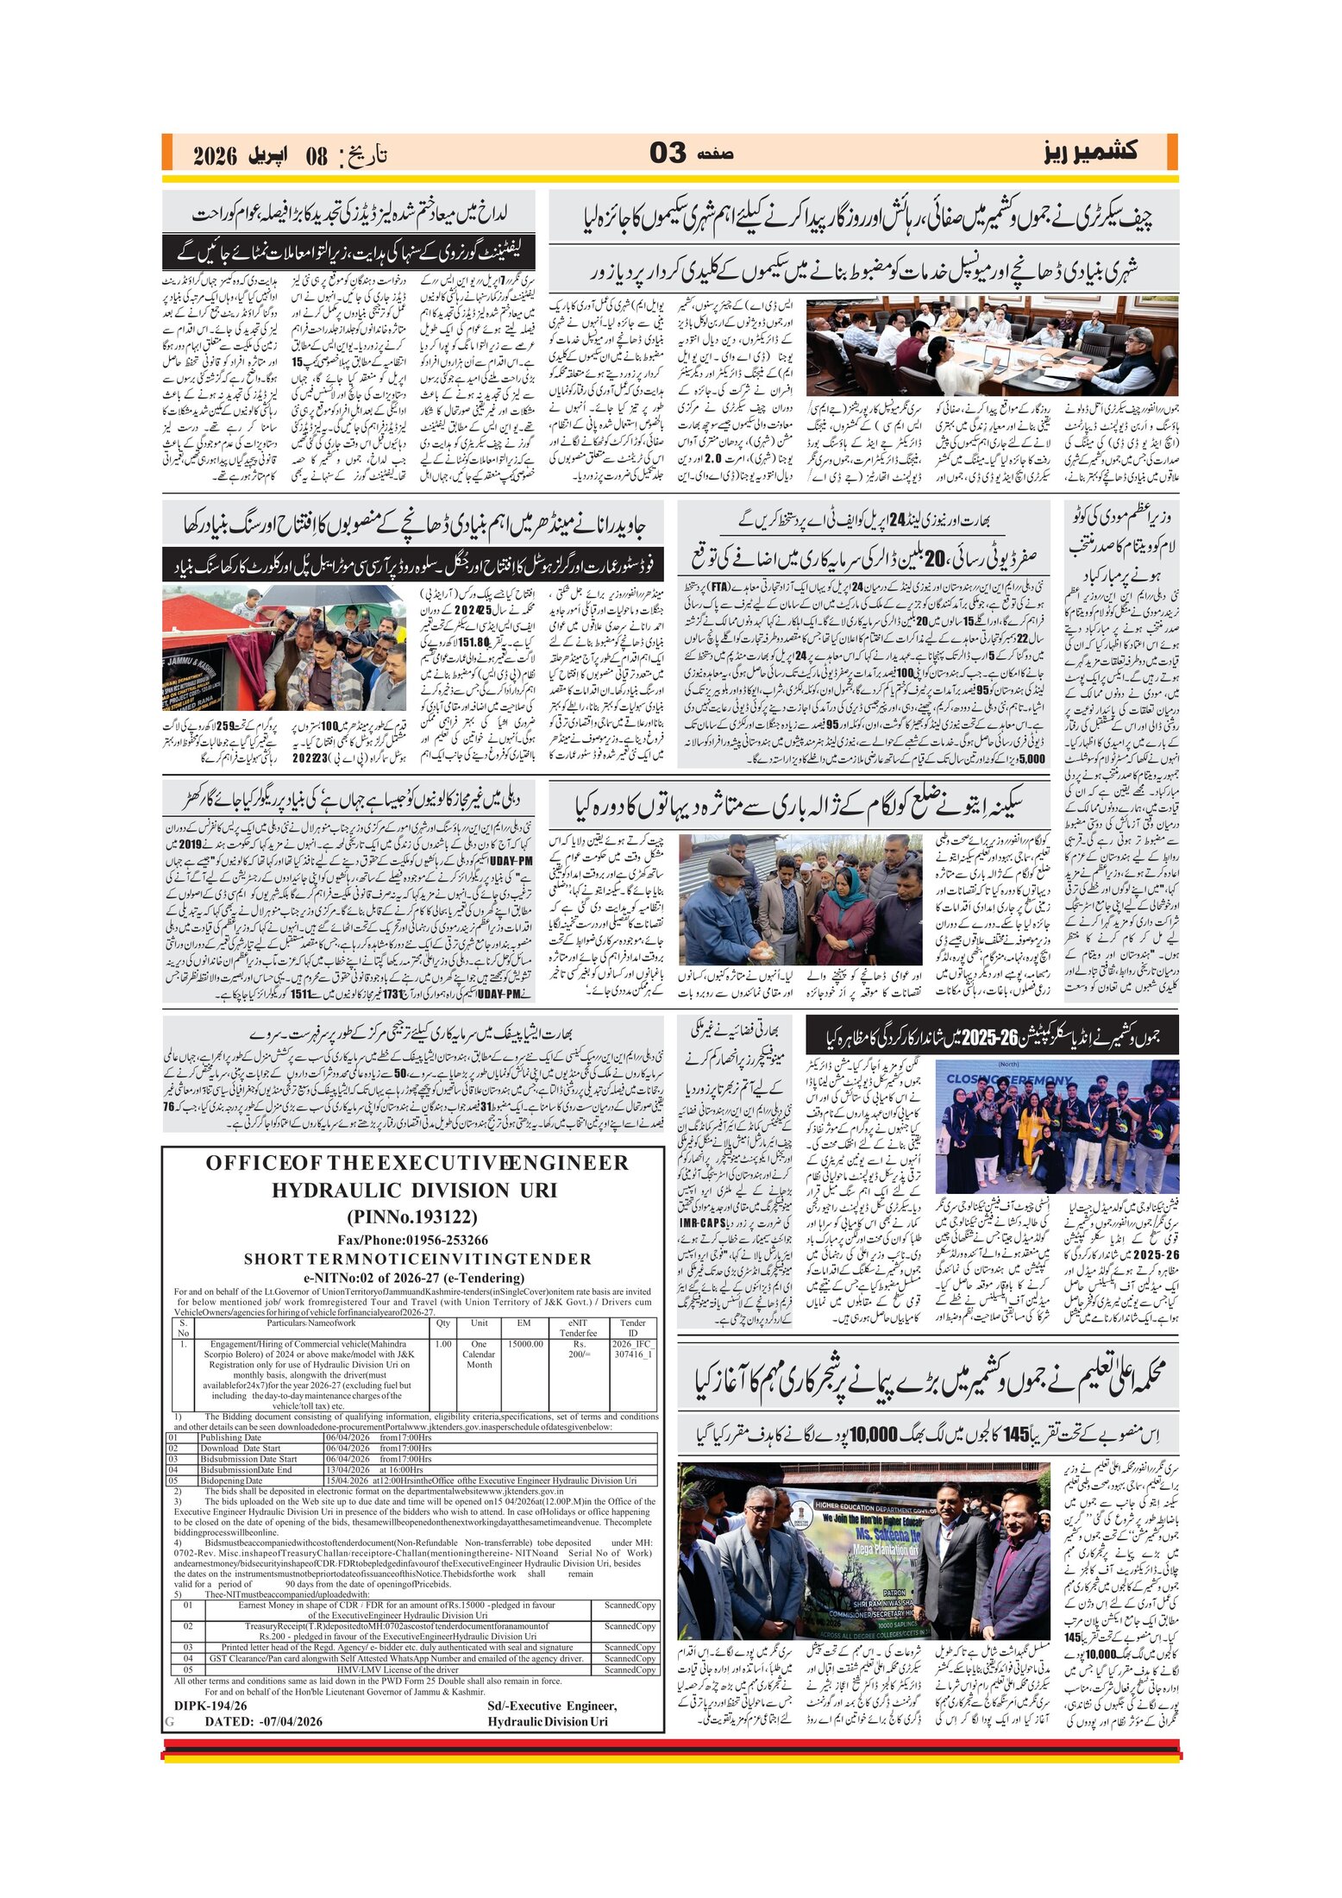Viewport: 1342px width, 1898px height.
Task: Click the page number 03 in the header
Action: [x=668, y=154]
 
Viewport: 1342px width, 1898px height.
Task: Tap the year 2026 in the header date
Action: [x=215, y=156]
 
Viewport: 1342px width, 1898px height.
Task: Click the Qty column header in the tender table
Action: [x=442, y=1323]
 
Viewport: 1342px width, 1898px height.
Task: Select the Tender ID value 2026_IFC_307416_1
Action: [x=633, y=1349]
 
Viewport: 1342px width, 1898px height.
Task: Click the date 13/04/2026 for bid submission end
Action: [x=347, y=1469]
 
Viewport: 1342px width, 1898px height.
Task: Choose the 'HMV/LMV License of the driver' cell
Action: [x=398, y=1669]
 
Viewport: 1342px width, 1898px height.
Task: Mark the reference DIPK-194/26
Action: [x=210, y=1706]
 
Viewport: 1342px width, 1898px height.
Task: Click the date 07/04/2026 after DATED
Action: [x=291, y=1721]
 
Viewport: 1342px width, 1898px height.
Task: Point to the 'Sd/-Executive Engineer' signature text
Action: [x=552, y=1706]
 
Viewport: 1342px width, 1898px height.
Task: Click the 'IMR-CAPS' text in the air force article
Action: [x=703, y=1223]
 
